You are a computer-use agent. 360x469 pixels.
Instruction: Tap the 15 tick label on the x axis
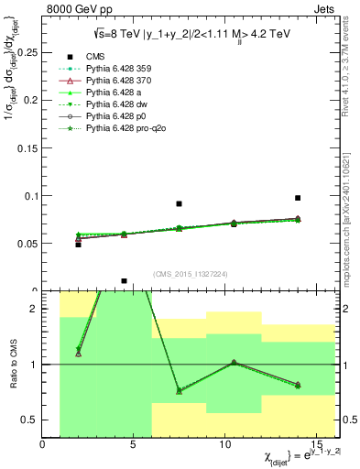click(317, 444)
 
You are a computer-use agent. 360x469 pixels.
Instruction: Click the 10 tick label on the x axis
click(225, 444)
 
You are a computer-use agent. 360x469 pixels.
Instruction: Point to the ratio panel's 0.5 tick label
click(30, 420)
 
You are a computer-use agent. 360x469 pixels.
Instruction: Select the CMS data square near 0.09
click(180, 203)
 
